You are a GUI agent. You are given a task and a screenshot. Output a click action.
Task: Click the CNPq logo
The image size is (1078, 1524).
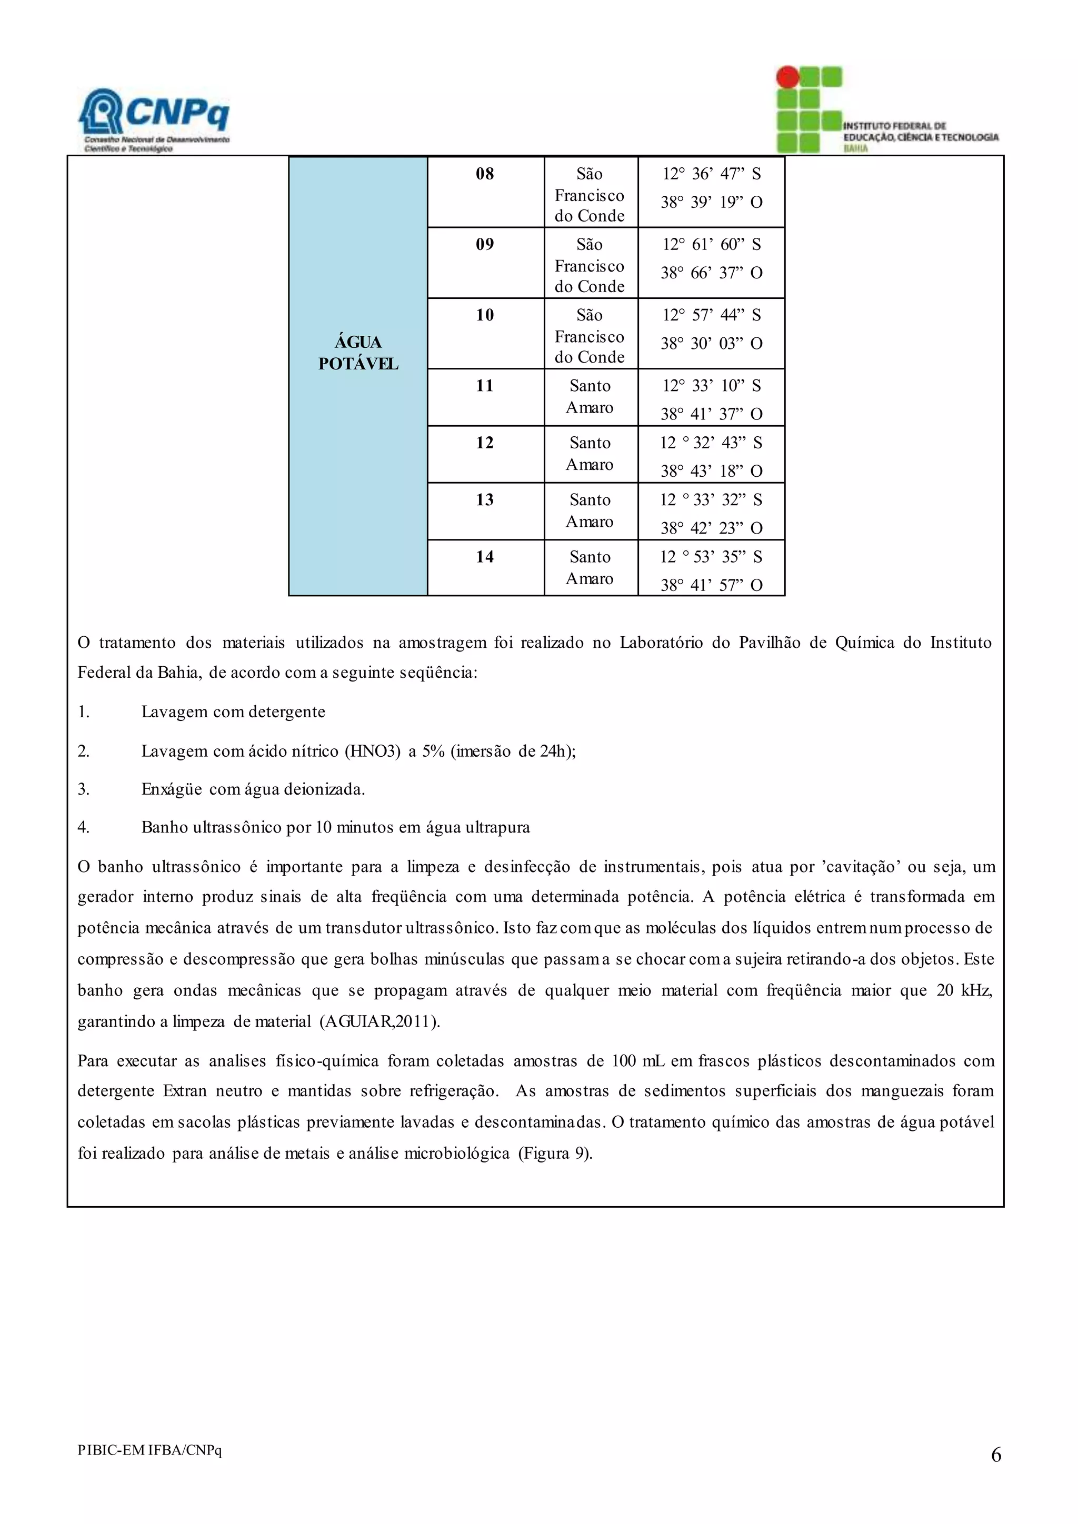(x=155, y=119)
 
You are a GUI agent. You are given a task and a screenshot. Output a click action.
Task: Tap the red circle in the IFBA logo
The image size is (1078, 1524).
(x=787, y=77)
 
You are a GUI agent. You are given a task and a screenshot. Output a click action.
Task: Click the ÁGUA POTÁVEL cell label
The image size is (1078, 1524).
(x=358, y=353)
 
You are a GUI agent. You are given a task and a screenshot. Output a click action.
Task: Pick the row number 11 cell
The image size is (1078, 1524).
(x=485, y=386)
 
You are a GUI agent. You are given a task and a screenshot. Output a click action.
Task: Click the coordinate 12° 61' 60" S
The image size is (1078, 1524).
(x=711, y=245)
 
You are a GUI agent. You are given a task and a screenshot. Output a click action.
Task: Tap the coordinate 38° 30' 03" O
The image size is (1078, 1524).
(x=711, y=344)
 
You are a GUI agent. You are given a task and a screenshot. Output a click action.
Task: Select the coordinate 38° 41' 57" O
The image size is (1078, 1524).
(x=711, y=585)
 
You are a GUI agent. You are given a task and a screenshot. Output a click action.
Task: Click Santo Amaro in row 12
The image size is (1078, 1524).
(x=590, y=454)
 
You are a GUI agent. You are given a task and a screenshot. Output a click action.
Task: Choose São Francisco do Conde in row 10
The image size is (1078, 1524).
(x=590, y=336)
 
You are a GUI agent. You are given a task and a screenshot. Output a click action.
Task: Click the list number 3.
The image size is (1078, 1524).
(x=84, y=790)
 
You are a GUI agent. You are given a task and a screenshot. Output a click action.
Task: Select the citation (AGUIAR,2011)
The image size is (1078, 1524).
(x=380, y=1021)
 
